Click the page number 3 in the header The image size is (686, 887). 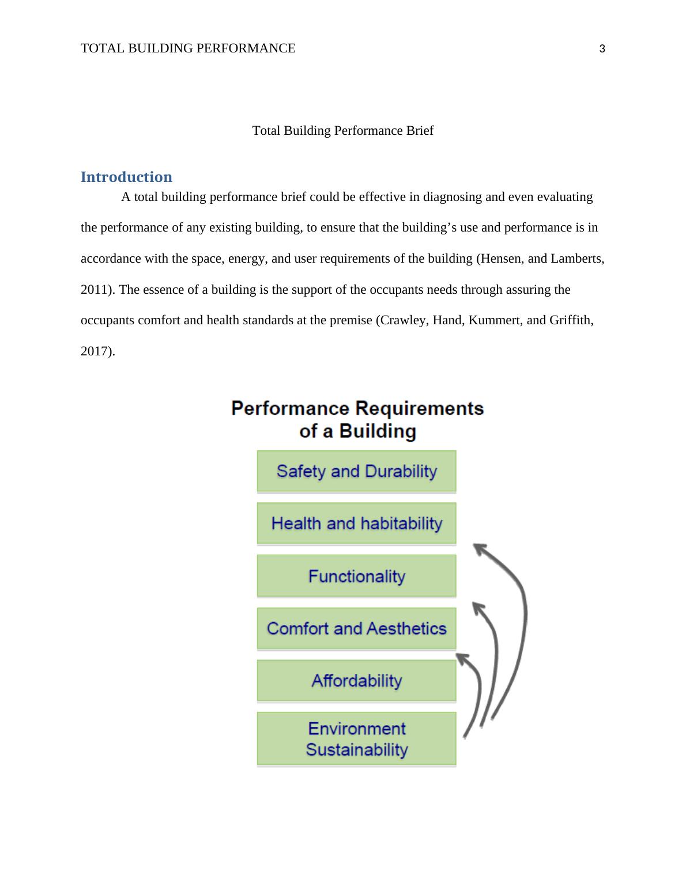pyautogui.click(x=602, y=49)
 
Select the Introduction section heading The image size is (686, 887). pyautogui.click(x=126, y=177)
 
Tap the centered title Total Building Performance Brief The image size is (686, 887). pyautogui.click(x=342, y=131)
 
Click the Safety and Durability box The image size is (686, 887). pyautogui.click(x=356, y=471)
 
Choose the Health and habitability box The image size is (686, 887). pyautogui.click(x=356, y=524)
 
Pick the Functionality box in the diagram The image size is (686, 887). pyautogui.click(x=356, y=576)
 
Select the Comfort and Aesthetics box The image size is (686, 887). pyautogui.click(x=356, y=628)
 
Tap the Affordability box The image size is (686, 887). pyautogui.click(x=356, y=681)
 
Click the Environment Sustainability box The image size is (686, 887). pyautogui.click(x=356, y=739)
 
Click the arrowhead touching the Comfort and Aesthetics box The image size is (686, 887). pyautogui.click(x=463, y=658)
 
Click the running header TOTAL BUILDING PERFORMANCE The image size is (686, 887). pyautogui.click(x=188, y=48)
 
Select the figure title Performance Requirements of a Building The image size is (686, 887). pyautogui.click(x=357, y=419)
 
